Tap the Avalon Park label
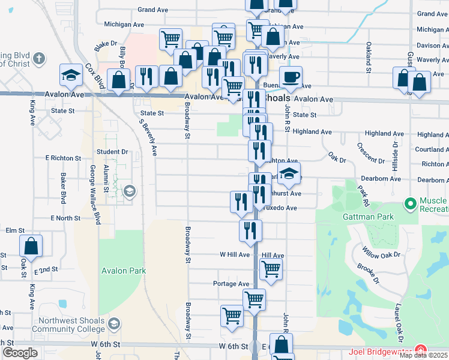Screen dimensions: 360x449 click(123, 271)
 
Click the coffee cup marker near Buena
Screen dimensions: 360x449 click(291, 77)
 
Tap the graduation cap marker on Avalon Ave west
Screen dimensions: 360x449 click(71, 76)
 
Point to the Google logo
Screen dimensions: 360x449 click(20, 353)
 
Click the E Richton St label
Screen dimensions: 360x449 click(63, 158)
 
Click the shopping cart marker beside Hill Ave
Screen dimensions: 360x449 click(271, 270)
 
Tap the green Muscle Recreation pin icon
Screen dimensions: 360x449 click(411, 204)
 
